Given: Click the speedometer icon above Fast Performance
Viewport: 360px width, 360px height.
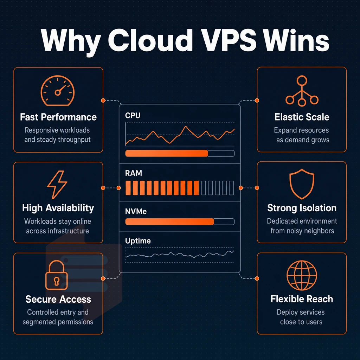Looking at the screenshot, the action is pos(57,91).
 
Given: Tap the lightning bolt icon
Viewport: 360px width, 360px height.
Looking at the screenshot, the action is pos(57,185).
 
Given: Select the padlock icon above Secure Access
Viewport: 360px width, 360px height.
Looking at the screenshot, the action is pos(57,275).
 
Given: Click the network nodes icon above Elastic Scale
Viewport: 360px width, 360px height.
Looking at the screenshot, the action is pos(302,91).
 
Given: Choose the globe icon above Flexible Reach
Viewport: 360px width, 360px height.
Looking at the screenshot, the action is pos(302,275).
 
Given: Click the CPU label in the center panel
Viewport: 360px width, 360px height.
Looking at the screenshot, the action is pos(133,115).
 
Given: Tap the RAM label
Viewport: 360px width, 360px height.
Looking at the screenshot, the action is pos(133,173).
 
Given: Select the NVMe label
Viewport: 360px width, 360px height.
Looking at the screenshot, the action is pos(136,211).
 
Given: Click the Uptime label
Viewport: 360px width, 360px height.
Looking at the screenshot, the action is pos(138,240).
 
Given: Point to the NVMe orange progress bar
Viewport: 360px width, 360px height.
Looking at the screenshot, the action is pos(170,221).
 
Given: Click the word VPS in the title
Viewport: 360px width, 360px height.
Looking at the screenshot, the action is pos(230,40).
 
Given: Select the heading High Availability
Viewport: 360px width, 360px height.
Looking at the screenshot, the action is pos(58,208).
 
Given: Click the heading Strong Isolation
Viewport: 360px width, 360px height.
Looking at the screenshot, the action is pos(302,208).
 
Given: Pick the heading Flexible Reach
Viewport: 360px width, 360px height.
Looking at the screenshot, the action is pos(302,299).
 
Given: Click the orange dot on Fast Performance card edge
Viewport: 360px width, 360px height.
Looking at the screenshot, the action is pos(103,100).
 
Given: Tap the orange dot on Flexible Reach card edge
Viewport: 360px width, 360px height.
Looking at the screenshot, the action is pos(257,278).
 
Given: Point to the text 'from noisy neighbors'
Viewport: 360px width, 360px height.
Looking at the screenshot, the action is pos(302,231).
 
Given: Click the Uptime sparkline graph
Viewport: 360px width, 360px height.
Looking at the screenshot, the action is pos(180,255).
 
